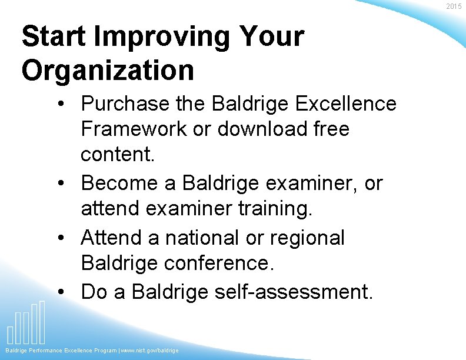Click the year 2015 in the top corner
click(454, 6)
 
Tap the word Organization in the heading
click(108, 70)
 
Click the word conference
click(219, 263)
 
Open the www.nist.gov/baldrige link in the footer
click(150, 351)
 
